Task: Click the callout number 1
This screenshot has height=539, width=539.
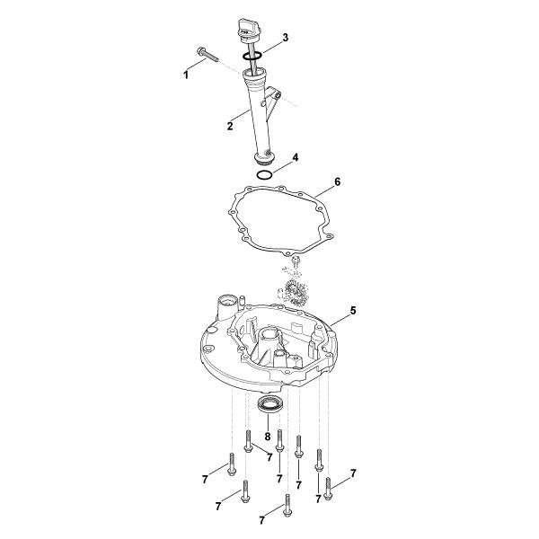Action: [186, 75]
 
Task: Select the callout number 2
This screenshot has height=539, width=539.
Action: [230, 126]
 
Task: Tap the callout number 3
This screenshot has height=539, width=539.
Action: [286, 38]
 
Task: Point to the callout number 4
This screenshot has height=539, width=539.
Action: [295, 157]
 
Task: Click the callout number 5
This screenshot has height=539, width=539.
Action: [353, 311]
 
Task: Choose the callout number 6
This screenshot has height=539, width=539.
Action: [337, 181]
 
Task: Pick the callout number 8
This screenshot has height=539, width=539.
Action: [268, 437]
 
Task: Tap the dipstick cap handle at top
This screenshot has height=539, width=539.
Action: [247, 30]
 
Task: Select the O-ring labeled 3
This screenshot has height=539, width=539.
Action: [252, 56]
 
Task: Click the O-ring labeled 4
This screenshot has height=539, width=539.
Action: [265, 175]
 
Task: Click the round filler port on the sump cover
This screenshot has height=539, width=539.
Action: [227, 304]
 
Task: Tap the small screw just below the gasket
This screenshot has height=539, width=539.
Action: [295, 260]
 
